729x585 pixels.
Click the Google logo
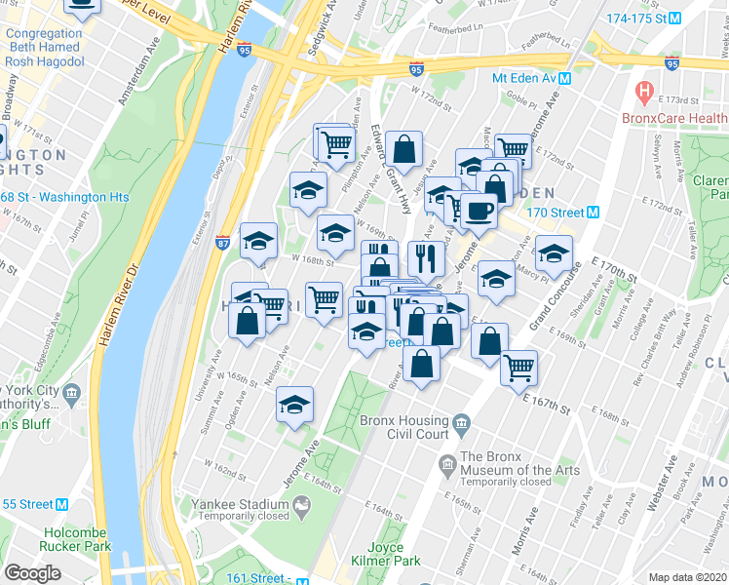[x=32, y=572]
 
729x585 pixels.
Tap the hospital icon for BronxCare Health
[x=643, y=94]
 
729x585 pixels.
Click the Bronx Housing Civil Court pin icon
[x=461, y=423]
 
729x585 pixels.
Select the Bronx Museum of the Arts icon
[x=447, y=462]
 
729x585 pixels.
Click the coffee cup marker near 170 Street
[x=478, y=210]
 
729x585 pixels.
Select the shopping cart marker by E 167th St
[x=519, y=368]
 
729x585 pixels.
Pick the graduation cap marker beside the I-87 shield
[x=258, y=239]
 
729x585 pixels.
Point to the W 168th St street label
[x=315, y=260]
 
